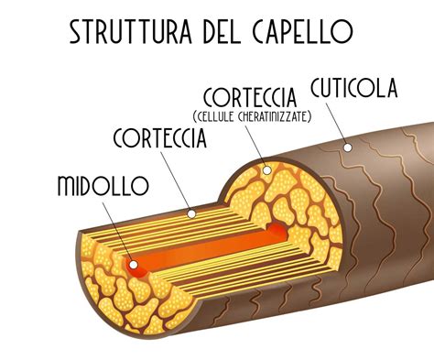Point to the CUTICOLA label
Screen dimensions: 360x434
(353, 90)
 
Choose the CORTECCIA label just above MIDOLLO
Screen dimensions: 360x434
(161, 140)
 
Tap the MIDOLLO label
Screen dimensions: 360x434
(102, 186)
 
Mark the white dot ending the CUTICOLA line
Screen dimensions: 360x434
(346, 147)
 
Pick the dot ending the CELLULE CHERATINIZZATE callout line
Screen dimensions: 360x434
(266, 169)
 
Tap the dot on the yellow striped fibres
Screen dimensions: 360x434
(190, 213)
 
